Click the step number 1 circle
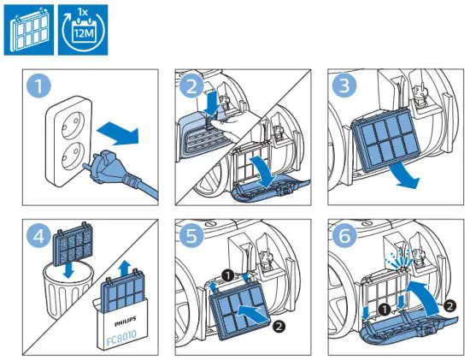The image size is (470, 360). pos(38,86)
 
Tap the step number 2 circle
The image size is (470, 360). pos(191,86)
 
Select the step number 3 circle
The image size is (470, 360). pos(344,86)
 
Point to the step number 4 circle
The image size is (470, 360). pos(38,236)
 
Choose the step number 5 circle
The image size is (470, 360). pos(191,236)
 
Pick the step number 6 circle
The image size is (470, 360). pos(344,236)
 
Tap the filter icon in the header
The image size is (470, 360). pos(29,30)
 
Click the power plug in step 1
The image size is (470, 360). pos(120,174)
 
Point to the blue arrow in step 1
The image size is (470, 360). pos(118,134)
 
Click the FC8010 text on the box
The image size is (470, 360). pos(121,333)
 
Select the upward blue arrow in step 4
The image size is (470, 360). pos(124,269)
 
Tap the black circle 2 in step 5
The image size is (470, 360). pos(279,326)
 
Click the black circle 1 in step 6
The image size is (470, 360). pos(384,309)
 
